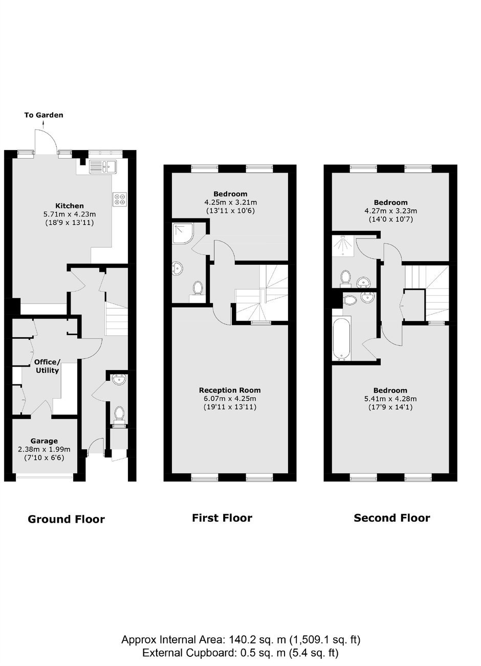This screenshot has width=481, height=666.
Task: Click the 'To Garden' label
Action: click(x=43, y=115)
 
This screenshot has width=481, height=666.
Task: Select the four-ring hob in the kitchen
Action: click(x=120, y=199)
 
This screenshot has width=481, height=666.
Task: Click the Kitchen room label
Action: click(x=70, y=206)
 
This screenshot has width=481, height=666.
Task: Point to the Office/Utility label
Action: click(x=47, y=366)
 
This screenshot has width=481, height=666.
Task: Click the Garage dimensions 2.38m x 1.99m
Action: click(x=45, y=449)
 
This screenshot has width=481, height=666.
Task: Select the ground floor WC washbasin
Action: click(x=119, y=380)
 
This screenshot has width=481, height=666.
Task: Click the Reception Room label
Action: click(x=230, y=390)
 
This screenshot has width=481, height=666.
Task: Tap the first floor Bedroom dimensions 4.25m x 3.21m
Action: click(x=230, y=203)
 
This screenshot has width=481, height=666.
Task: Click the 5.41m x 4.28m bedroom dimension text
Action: click(x=390, y=399)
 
